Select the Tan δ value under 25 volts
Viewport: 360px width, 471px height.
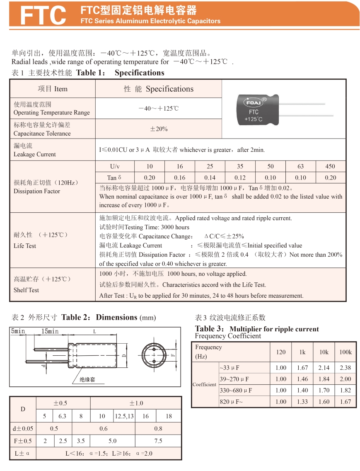[x=210, y=177]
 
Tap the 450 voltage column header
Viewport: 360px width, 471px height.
[x=330, y=166]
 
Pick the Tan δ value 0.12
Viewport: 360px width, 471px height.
[x=240, y=177]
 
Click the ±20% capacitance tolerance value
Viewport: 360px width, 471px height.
[x=159, y=129]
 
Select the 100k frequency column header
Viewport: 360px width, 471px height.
[x=345, y=352]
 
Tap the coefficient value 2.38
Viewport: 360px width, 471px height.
[x=345, y=367]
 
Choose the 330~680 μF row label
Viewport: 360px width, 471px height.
[x=236, y=390]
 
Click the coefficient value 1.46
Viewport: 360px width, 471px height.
[x=302, y=379]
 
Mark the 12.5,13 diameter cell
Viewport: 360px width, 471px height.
[x=124, y=416]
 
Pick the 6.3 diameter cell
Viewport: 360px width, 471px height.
[x=63, y=416]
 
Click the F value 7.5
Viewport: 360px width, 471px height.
[x=158, y=441]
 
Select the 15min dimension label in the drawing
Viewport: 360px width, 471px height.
[x=50, y=331]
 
